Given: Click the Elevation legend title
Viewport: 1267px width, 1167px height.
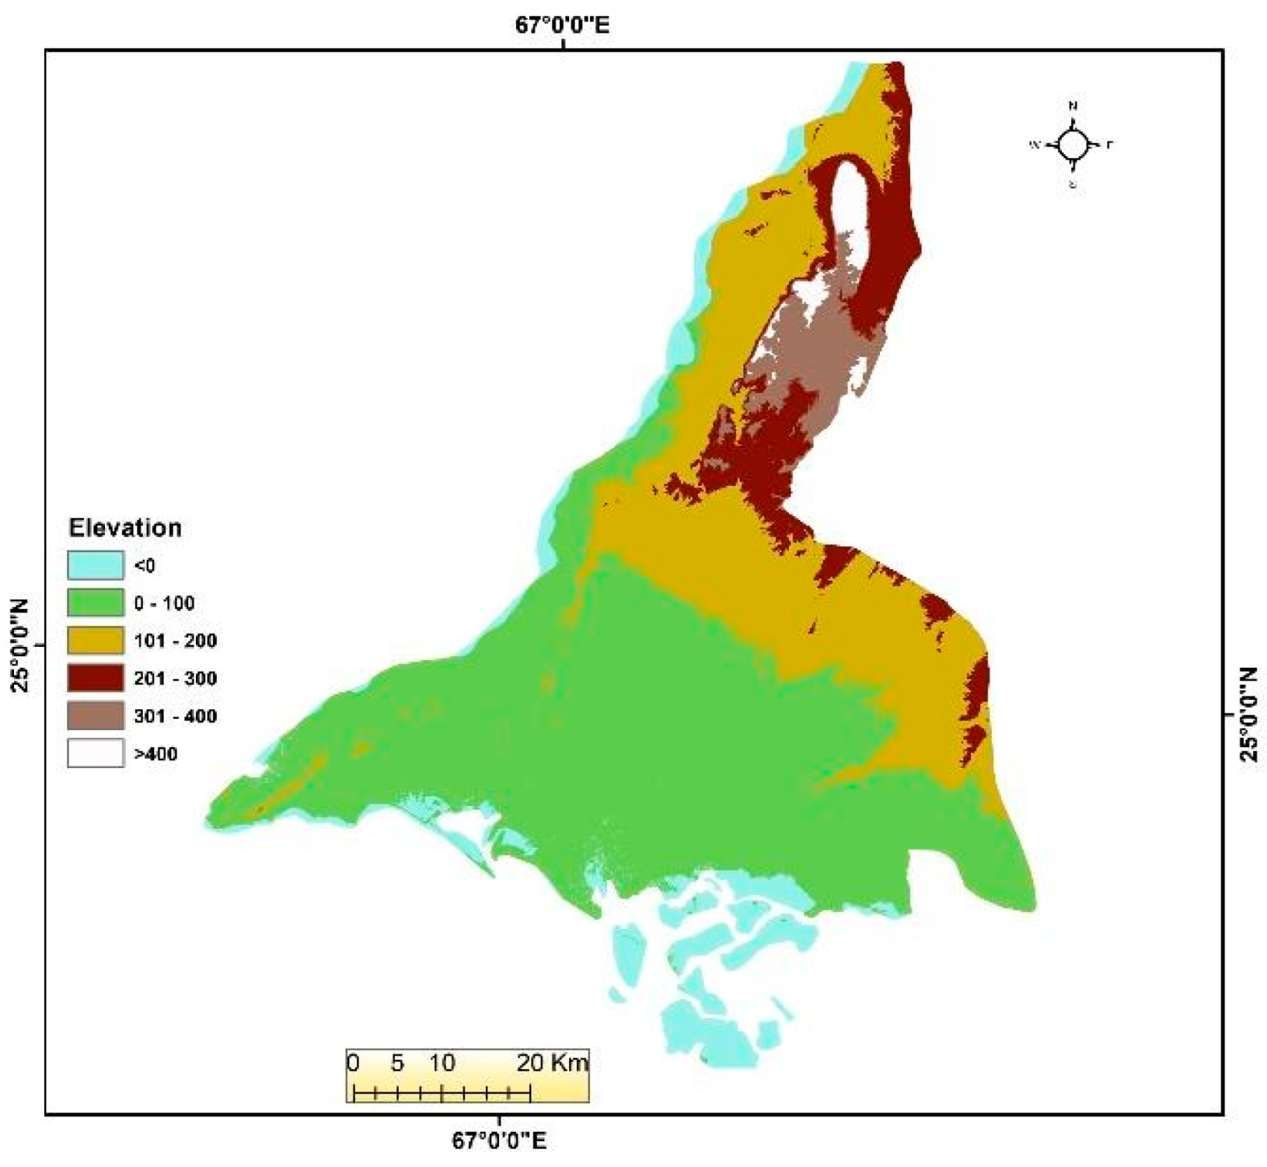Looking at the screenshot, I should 125,528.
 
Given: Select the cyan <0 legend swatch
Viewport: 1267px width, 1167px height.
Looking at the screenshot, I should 95,565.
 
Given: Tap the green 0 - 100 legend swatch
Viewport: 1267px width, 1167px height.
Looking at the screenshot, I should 95,603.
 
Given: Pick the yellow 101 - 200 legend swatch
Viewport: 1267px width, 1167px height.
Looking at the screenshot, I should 95,641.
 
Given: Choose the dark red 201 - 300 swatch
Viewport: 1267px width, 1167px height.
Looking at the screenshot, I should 95,678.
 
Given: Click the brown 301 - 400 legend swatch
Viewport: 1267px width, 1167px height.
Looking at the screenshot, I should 95,716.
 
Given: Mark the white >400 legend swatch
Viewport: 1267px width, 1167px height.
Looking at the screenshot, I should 95,753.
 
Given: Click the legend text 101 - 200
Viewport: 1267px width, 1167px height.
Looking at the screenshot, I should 175,641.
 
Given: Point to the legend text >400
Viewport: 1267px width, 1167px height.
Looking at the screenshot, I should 155,754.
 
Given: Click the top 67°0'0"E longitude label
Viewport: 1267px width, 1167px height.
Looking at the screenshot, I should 562,26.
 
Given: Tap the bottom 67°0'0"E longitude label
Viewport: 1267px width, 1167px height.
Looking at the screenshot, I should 498,1141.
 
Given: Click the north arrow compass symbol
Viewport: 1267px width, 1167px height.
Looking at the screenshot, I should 1073,145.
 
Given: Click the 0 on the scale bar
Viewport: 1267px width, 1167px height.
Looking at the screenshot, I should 353,1063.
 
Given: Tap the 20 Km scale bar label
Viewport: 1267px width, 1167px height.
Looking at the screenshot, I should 553,1063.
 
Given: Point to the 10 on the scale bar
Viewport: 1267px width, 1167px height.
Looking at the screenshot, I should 442,1063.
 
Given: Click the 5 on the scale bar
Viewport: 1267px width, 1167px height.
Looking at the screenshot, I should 397,1063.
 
